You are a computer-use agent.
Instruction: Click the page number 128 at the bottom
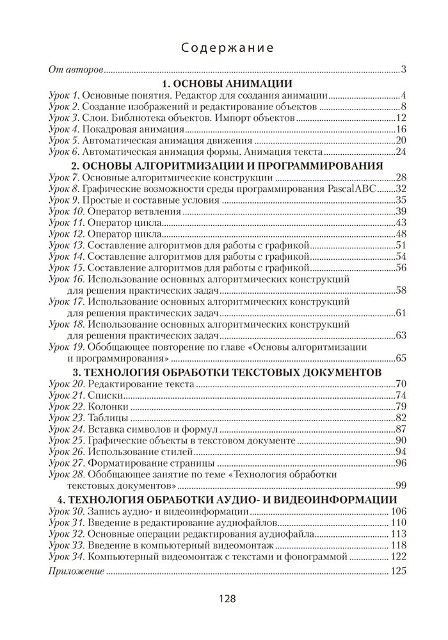coord(223,600)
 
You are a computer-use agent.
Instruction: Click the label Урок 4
coord(63,129)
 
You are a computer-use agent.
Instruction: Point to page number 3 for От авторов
coord(404,69)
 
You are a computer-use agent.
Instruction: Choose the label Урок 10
coord(66,211)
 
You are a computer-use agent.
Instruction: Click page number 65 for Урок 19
coord(401,357)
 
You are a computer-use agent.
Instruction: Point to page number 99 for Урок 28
coord(401,484)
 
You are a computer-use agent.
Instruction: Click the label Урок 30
coord(66,510)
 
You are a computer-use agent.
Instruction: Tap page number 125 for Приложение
coord(399,571)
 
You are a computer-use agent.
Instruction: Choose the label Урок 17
coord(66,300)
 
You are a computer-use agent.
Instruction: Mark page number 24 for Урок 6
coord(401,152)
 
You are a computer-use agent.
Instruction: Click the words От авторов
coord(76,69)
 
